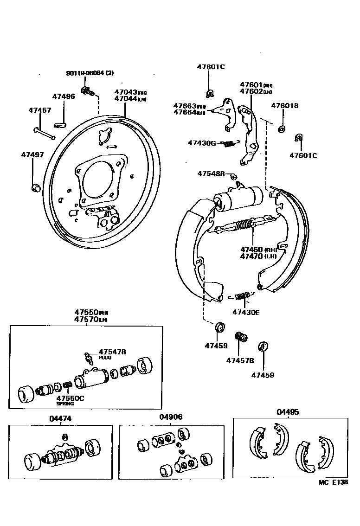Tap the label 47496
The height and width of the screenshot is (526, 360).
click(63, 96)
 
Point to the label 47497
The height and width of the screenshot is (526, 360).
click(32, 154)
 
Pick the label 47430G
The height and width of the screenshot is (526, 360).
click(202, 143)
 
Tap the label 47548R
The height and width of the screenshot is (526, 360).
click(211, 173)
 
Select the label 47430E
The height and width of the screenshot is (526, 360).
click(246, 312)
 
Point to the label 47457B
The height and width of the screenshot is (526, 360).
click(240, 360)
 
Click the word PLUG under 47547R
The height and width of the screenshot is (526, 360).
click(104, 358)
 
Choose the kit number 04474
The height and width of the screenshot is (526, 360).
click(60, 418)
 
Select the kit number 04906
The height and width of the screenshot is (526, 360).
click(171, 417)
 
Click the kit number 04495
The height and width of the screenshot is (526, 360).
click(288, 411)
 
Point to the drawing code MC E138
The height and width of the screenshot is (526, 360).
click(333, 483)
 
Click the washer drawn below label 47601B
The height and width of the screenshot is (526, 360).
click(282, 128)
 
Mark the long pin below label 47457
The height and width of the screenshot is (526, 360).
click(45, 133)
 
